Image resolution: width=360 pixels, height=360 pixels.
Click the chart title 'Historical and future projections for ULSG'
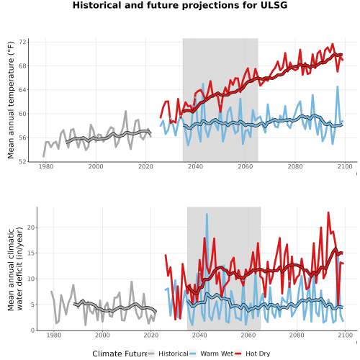[180, 5]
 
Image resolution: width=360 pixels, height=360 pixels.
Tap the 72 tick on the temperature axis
[23, 42]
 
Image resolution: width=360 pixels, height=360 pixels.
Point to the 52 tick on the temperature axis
[23, 162]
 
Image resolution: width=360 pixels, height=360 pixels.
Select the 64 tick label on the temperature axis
[23, 90]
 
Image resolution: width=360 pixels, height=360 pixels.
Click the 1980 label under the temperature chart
[46, 166]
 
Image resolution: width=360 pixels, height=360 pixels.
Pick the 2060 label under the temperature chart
[246, 166]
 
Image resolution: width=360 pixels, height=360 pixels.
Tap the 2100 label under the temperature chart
[345, 166]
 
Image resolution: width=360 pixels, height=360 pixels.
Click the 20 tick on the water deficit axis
[31, 227]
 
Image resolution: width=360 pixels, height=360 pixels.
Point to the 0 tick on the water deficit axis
[33, 330]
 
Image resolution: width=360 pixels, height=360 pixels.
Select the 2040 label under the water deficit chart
[199, 335]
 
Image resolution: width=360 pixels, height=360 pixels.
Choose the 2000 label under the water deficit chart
[102, 335]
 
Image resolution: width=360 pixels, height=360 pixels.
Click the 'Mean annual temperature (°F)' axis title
[11, 100]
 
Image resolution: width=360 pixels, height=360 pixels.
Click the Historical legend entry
[168, 354]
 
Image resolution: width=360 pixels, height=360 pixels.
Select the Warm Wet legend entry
[211, 354]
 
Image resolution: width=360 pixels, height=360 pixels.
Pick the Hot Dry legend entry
[253, 354]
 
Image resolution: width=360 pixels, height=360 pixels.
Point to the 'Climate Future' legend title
[120, 354]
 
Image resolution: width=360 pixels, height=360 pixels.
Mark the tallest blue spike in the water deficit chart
[207, 215]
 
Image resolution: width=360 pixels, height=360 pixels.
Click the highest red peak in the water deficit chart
[328, 212]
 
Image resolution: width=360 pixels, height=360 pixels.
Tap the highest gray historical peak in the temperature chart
[125, 111]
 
